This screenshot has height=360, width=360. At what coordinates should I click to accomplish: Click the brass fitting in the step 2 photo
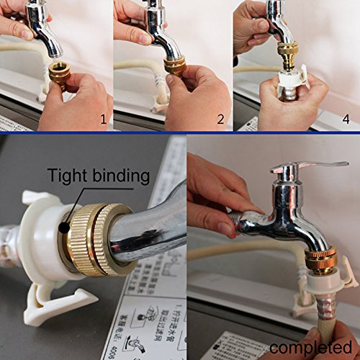coord(175,67)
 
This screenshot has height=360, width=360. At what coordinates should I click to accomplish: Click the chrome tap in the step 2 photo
coord(165,32)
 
